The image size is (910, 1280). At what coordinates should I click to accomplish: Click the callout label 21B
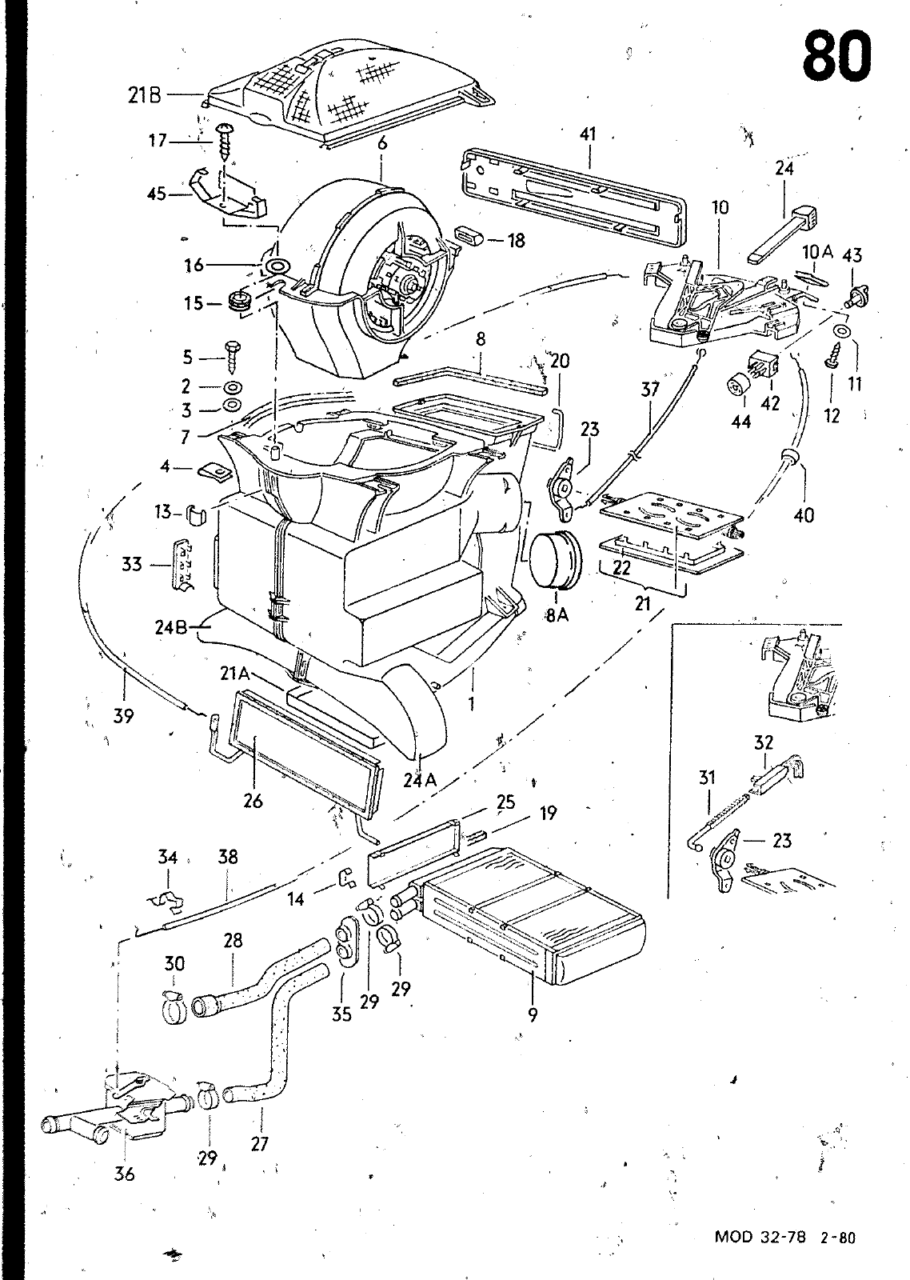point(145,95)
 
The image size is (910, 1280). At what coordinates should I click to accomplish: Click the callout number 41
point(588,134)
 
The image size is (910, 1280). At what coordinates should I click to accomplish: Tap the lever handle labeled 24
point(785,234)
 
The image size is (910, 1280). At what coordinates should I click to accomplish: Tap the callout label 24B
point(171,628)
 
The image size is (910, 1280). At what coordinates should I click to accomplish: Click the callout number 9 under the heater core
point(533,1015)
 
